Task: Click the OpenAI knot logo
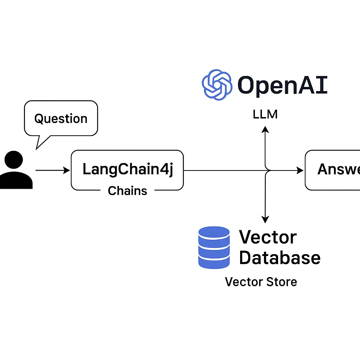coord(217,85)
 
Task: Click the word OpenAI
coord(282,85)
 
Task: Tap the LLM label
coord(265,114)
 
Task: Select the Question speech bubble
coord(61,118)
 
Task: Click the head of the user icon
coord(14,160)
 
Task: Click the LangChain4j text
coord(128,169)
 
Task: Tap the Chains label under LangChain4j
coord(127,191)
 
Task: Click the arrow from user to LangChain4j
coord(53,171)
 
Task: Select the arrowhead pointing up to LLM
coord(265,130)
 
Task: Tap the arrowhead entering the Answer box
coord(300,171)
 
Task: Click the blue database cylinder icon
coord(214,247)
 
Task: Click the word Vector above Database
coord(268,237)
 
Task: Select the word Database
coord(279,257)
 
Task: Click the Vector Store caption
coord(261,282)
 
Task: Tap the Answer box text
coord(337,169)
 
